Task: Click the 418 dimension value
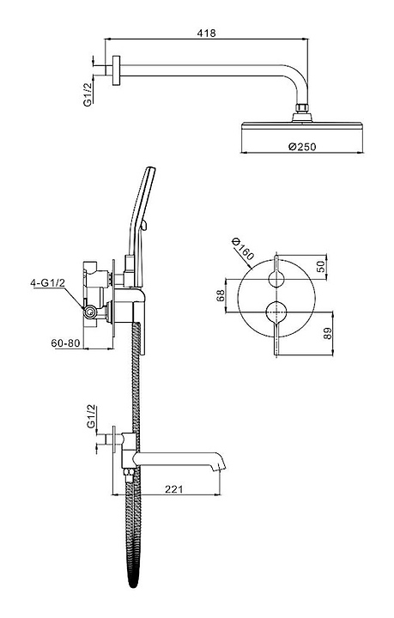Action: point(207,33)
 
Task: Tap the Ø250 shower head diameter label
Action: point(302,147)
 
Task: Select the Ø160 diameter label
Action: point(243,249)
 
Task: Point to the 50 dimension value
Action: point(322,266)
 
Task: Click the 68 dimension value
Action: point(221,295)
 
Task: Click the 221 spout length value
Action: point(173,489)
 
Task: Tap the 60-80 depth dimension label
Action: point(65,342)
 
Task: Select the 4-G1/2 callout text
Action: point(48,283)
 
